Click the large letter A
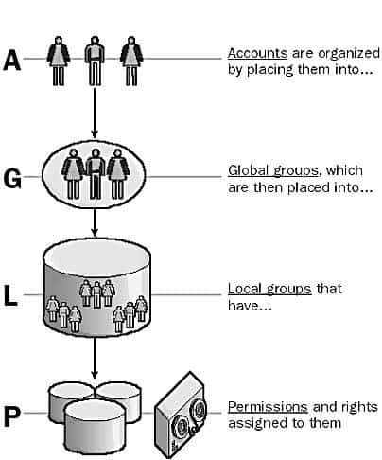12,60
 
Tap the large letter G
12,178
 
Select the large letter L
10,295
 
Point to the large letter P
11,416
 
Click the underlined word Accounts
257,53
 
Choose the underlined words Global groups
273,170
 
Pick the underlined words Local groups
269,289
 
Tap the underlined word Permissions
268,407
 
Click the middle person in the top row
95,61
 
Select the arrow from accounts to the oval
95,113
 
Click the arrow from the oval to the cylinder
95,222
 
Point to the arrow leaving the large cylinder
95,358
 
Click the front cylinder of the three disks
95,426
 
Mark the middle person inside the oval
95,174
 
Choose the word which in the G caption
344,170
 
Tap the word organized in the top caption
349,54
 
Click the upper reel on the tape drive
200,410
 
